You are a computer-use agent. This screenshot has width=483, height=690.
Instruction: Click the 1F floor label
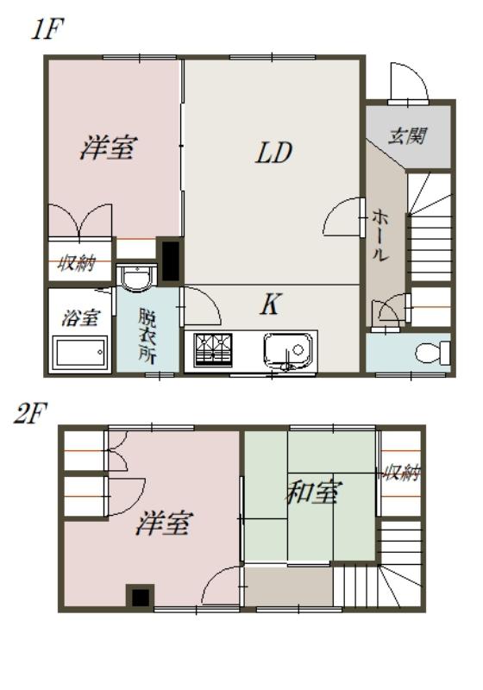tap(46, 30)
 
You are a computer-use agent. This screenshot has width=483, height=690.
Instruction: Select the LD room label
tap(273, 153)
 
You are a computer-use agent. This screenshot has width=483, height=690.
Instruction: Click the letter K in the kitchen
tap(270, 304)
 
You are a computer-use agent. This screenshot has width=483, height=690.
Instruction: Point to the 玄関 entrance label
tap(407, 136)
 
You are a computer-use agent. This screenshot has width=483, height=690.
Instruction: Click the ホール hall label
tap(379, 235)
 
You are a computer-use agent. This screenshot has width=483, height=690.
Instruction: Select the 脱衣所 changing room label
tap(147, 332)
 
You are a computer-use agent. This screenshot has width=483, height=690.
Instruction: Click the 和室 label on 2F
tap(312, 493)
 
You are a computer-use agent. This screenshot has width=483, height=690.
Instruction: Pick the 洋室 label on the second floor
tap(163, 523)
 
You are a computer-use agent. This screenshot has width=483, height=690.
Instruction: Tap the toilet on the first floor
tap(430, 352)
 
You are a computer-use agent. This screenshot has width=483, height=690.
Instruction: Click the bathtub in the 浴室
tap(79, 353)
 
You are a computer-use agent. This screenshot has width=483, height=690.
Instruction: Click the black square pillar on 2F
tap(140, 596)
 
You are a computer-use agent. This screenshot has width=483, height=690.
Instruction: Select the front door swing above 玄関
tap(405, 83)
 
